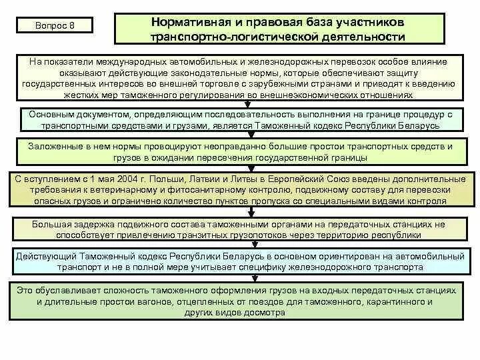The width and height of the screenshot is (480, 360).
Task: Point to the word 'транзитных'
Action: pyautogui.click(x=229, y=235)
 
